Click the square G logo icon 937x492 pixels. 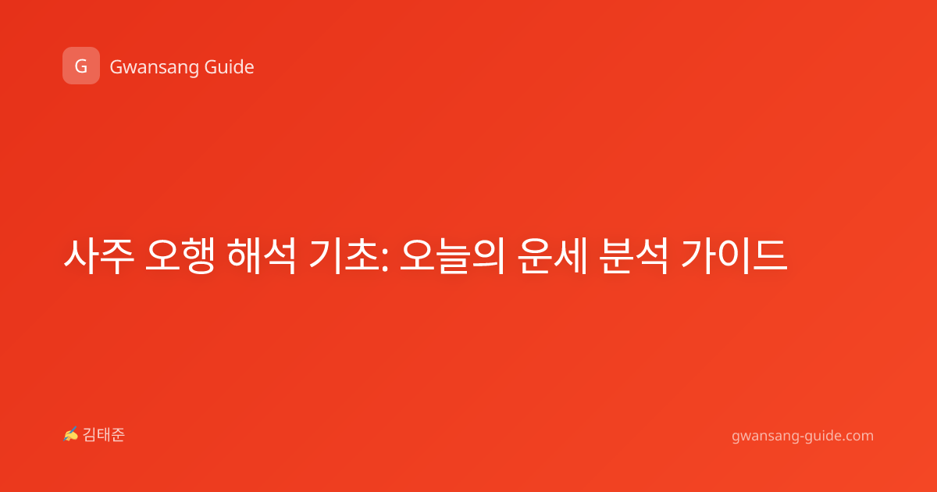point(81,66)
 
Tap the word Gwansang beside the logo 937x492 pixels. point(154,68)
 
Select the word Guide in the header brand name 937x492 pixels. point(230,67)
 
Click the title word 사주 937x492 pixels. point(99,255)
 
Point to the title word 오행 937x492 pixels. point(180,255)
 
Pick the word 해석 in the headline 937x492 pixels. point(262,255)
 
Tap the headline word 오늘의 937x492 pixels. point(452,255)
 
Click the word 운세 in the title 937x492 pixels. point(552,255)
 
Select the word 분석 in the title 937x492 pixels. point(633,255)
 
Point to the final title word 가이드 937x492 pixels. point(734,255)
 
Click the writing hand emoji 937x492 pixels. point(71,434)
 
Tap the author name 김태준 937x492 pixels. point(104,435)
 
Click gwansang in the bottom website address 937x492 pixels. point(764,437)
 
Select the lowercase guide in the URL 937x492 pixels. point(821,436)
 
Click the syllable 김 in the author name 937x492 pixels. point(90,435)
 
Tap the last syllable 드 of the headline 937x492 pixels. point(771,255)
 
